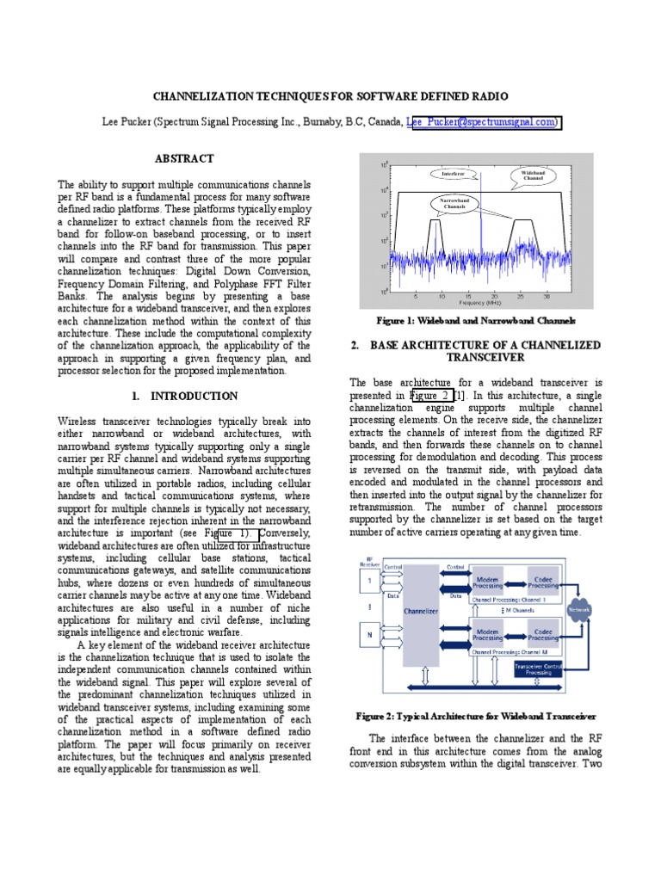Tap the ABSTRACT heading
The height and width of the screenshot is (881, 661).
[183, 159]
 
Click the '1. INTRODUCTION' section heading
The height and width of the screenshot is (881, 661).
[183, 396]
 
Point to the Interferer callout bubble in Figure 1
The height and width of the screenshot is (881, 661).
[453, 173]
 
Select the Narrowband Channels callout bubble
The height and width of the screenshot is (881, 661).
[454, 204]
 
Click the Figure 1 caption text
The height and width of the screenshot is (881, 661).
[476, 320]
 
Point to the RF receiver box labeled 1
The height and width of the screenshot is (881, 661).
[372, 582]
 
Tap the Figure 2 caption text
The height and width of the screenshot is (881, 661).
[476, 716]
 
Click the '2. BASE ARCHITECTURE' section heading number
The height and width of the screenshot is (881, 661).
[355, 345]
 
